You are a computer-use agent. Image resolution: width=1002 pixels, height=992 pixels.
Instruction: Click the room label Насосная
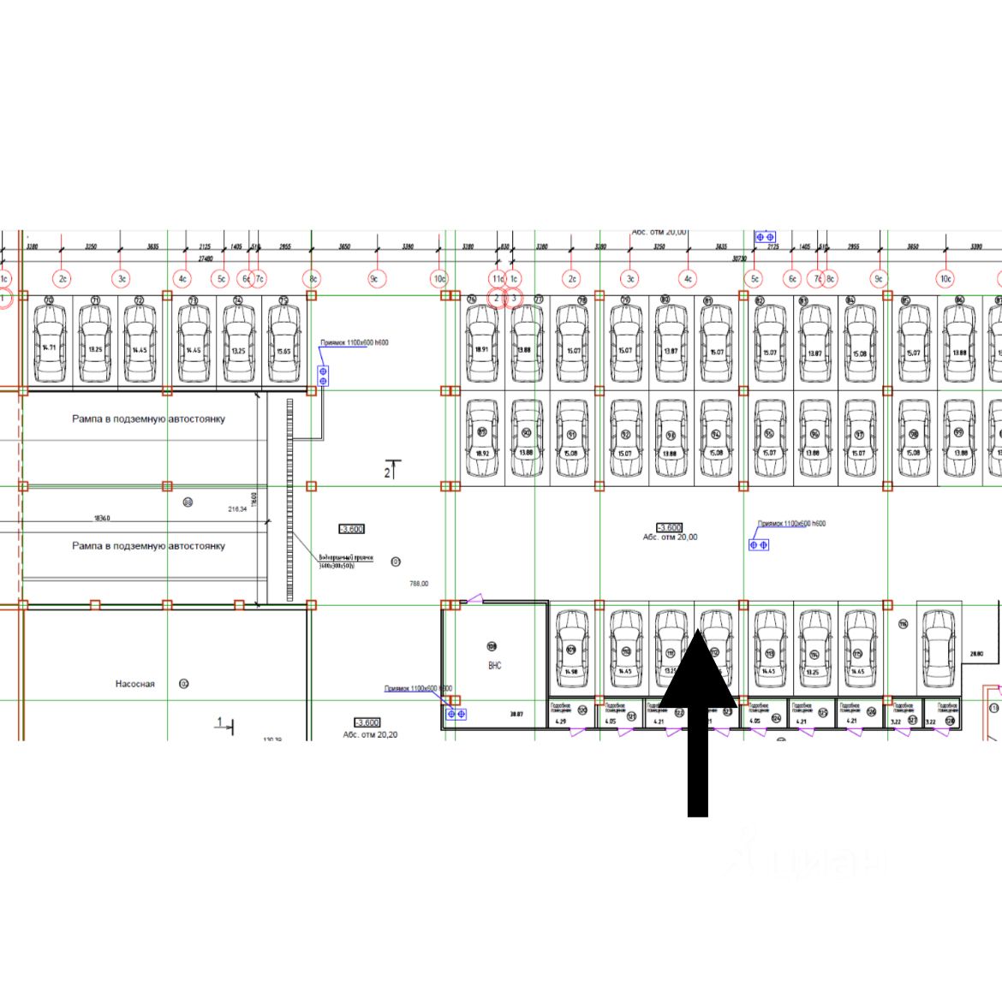coord(135,684)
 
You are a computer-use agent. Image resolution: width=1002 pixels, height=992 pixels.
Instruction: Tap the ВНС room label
coord(494,665)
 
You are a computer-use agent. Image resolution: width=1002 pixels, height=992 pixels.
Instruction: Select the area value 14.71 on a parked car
coord(50,348)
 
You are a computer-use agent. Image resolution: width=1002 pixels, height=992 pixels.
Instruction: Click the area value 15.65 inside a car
coord(283,351)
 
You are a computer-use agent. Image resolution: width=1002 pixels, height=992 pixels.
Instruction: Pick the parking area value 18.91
coord(481,349)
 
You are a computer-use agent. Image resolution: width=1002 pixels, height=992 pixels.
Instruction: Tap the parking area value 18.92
coord(481,454)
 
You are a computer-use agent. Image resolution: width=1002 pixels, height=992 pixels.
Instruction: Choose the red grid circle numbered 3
coord(514,299)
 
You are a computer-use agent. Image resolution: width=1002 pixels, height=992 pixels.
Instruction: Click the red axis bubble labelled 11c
coord(498,279)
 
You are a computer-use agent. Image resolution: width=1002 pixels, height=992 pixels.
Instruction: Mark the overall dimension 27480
coord(206,258)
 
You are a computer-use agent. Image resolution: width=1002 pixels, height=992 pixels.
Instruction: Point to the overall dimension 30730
coord(739,258)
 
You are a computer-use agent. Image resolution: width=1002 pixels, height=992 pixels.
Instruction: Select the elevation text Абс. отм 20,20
coord(370,734)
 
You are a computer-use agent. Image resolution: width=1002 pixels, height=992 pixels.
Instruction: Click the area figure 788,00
coord(419,584)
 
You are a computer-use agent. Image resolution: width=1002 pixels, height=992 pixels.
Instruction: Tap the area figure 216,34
coord(237,509)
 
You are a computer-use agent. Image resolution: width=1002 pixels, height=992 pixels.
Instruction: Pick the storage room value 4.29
coord(561,722)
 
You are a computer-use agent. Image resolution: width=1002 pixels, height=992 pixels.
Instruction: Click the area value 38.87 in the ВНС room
coord(516,714)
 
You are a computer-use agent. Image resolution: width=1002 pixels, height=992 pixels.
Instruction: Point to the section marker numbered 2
coord(387,471)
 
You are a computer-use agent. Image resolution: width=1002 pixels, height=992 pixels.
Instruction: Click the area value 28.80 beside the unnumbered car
coord(976,654)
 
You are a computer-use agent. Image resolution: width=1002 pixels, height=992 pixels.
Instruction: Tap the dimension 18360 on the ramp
coord(101,519)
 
